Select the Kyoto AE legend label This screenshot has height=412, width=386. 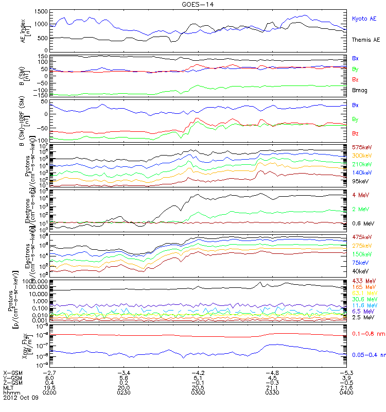coord(364,19)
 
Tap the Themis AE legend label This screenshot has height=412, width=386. coord(366,40)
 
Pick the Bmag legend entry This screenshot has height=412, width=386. coord(360,89)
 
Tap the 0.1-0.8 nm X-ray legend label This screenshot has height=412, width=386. coord(365,334)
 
